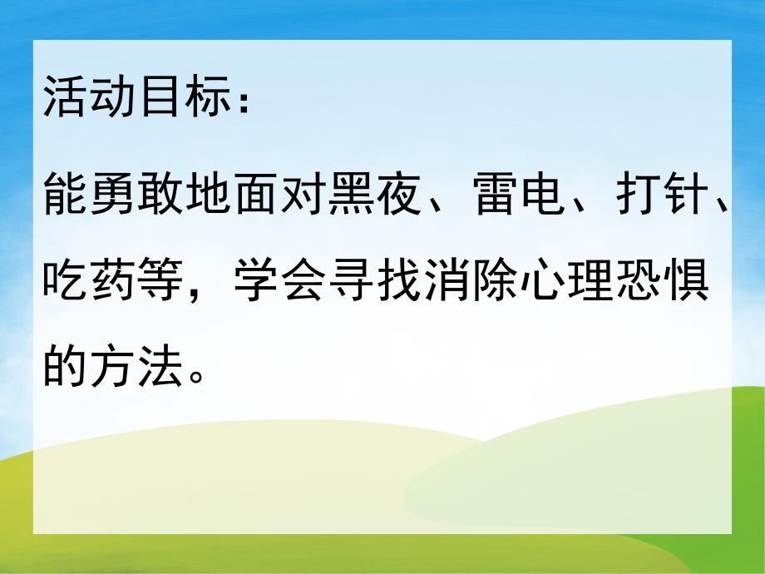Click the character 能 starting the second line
point(67,200)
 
